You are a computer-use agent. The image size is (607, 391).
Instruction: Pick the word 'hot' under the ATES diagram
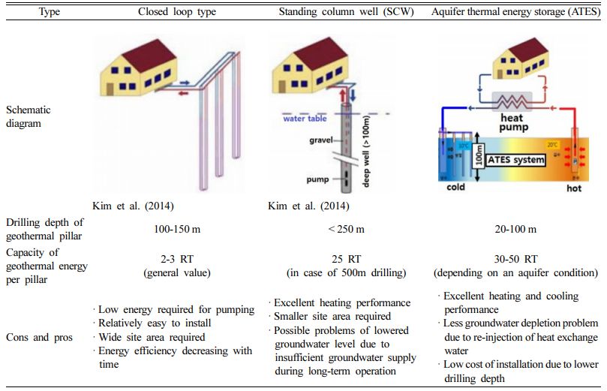tap(573, 188)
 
